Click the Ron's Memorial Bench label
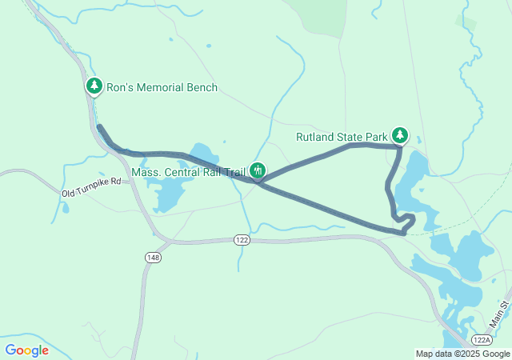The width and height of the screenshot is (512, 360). (x=162, y=87)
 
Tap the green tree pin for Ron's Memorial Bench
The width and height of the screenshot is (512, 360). (x=94, y=85)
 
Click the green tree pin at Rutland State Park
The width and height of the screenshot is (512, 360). (x=400, y=134)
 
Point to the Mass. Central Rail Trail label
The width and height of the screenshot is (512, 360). (x=189, y=170)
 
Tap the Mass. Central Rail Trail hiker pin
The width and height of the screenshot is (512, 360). (x=258, y=170)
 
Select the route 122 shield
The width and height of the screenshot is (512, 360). (x=242, y=239)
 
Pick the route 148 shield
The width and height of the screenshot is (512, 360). (x=154, y=257)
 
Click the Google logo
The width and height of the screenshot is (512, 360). (x=26, y=350)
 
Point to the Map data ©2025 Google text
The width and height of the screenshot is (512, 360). (x=462, y=354)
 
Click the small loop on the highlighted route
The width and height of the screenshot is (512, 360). (x=406, y=221)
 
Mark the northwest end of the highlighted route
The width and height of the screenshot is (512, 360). (x=98, y=126)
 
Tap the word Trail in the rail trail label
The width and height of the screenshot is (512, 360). (x=234, y=170)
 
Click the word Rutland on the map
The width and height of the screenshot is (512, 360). (x=315, y=137)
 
